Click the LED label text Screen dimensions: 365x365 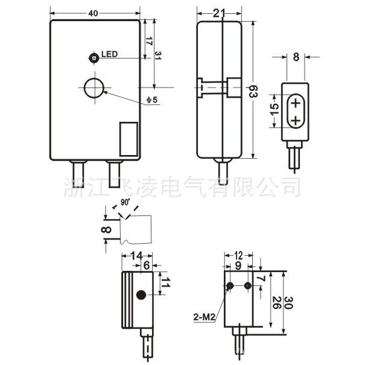[x=109, y=54]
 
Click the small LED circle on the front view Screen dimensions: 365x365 [x=94, y=58]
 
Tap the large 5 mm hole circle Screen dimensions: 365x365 [x=94, y=88]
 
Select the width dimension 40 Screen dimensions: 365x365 [x=94, y=13]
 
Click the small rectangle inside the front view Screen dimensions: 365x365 [x=128, y=138]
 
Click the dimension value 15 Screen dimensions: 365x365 [x=275, y=110]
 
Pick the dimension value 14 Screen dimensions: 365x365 [x=136, y=256]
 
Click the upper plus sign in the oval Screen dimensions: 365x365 [x=296, y=104]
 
